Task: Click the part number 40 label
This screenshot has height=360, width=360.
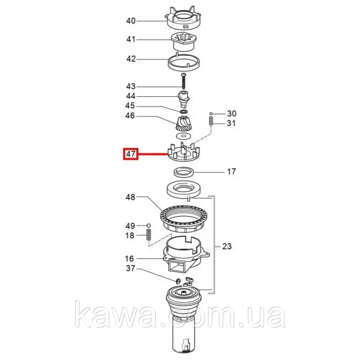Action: pos(131,21)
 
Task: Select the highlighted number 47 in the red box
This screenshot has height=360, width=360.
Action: pos(131,153)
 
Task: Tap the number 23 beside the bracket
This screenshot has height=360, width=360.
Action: pos(227,246)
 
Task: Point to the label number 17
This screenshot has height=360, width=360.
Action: pos(231,172)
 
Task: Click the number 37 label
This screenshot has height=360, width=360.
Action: pos(130,268)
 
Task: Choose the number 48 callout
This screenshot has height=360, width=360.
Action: pos(130,197)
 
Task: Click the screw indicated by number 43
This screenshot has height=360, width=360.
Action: pos(183,81)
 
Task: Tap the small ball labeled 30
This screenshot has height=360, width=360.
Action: pos(211,113)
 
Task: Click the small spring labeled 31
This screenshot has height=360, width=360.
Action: pos(211,121)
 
